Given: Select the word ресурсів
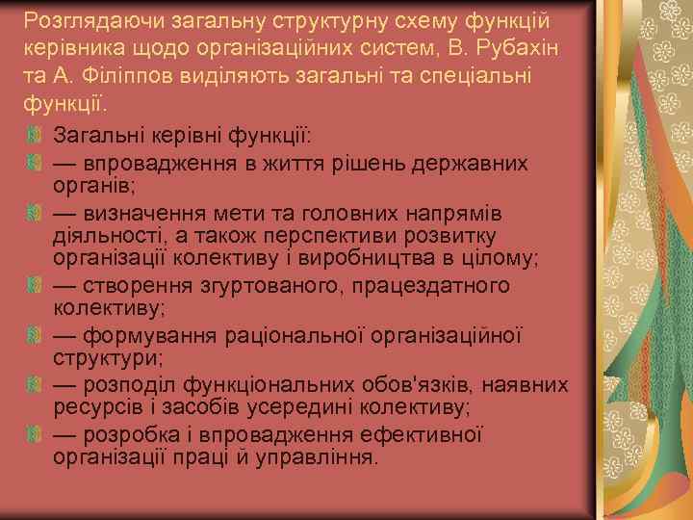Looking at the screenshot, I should pos(94,407).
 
